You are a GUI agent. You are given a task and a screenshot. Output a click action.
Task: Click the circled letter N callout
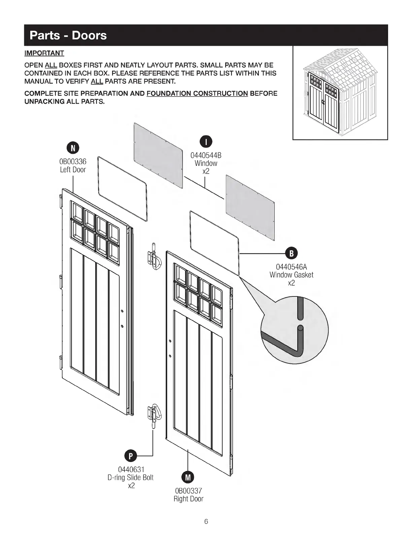tap(73, 148)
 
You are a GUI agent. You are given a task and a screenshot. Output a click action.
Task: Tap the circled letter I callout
tap(206, 142)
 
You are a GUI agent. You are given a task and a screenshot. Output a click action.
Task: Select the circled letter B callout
tap(291, 253)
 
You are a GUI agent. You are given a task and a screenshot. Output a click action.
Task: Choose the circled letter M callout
tap(188, 477)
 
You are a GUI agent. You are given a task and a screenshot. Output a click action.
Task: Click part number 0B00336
tap(73, 162)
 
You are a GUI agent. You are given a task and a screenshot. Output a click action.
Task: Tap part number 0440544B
tap(206, 155)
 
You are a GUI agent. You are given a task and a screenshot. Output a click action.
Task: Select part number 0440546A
tap(291, 267)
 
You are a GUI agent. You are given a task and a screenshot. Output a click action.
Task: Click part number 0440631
tap(131, 469)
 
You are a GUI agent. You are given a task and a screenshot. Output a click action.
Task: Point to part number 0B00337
tap(188, 491)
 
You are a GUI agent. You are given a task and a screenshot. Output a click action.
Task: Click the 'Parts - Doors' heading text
tap(68, 35)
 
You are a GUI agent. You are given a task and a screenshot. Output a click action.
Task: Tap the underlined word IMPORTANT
tap(44, 53)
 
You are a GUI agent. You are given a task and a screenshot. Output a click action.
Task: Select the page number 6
tap(206, 522)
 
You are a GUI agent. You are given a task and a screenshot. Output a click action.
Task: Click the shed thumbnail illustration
tap(340, 93)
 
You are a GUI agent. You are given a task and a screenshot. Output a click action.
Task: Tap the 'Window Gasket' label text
tap(291, 275)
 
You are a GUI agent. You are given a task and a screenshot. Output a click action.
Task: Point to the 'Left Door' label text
tap(73, 170)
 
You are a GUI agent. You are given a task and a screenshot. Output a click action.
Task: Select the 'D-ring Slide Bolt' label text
tap(131, 477)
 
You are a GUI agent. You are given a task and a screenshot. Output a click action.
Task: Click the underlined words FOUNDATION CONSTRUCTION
tap(197, 93)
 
